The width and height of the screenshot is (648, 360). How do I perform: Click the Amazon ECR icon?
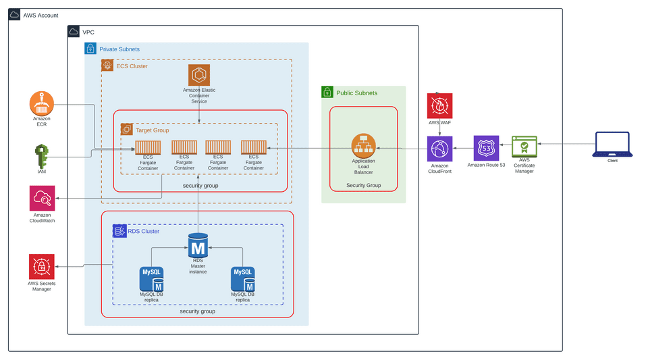(x=42, y=103)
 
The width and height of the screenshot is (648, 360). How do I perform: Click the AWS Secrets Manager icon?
(x=42, y=267)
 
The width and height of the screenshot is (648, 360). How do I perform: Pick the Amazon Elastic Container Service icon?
(x=199, y=75)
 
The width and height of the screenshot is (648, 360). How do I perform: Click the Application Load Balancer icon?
(x=364, y=146)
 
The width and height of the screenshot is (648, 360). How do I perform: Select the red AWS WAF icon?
(x=439, y=106)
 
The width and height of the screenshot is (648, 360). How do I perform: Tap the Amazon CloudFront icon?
(x=439, y=149)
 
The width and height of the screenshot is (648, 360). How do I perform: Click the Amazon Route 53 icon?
(x=486, y=149)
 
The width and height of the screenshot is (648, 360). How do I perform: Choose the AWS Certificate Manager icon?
(x=524, y=147)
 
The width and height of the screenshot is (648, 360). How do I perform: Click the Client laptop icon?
(x=612, y=145)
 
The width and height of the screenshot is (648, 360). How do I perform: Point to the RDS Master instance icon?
(x=198, y=245)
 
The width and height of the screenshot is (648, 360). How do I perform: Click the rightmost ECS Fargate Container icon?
(x=253, y=147)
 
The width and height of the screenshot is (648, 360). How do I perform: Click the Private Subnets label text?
(x=119, y=49)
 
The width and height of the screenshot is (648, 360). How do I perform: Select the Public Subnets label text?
(x=356, y=93)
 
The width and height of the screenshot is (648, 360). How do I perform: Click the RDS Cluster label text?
(x=143, y=231)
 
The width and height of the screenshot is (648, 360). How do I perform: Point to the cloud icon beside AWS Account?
(x=15, y=15)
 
